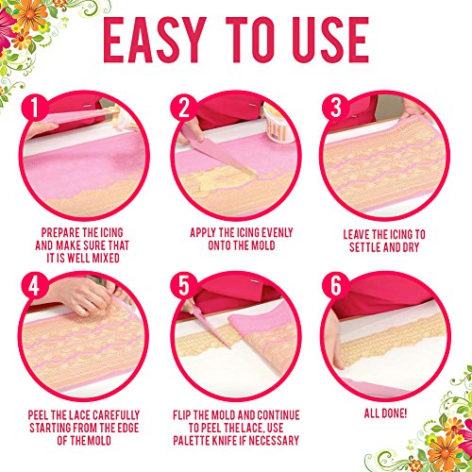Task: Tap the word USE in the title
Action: coord(330,40)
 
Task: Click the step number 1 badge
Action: coord(35,108)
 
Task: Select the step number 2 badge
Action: coord(184,108)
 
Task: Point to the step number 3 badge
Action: coord(335,108)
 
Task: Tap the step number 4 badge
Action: coord(35,287)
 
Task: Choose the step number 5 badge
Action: coord(184,287)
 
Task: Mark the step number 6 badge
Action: coord(335,287)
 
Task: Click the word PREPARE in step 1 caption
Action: coord(60,233)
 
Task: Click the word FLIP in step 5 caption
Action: coord(181,415)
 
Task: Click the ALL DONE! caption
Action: coord(385,413)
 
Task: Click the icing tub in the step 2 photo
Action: coord(277,124)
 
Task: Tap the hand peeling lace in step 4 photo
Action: coord(83,295)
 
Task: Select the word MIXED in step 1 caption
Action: coord(106,258)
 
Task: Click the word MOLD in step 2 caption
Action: coord(262,245)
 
